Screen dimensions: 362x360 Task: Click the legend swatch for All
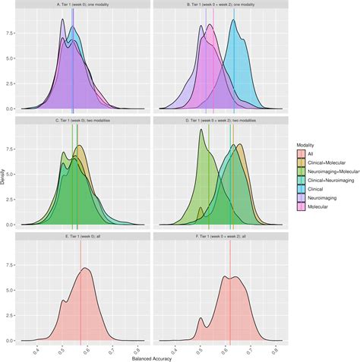click(x=302, y=153)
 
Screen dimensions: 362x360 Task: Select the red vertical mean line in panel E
click(x=81, y=304)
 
